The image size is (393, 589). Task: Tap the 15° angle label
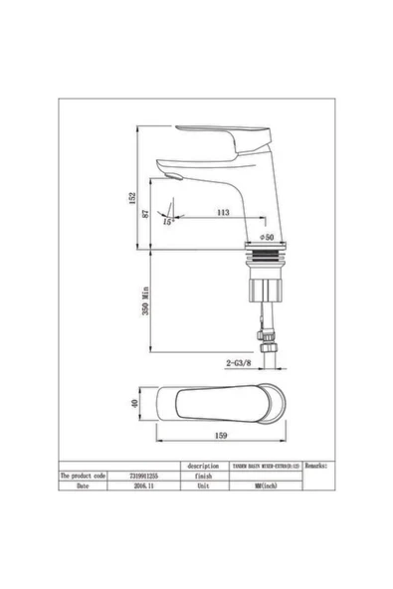point(168,221)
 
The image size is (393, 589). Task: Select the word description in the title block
point(202,465)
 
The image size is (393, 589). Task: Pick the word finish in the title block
point(202,477)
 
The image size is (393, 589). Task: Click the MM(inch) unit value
point(265,488)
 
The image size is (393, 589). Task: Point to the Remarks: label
point(319,465)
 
